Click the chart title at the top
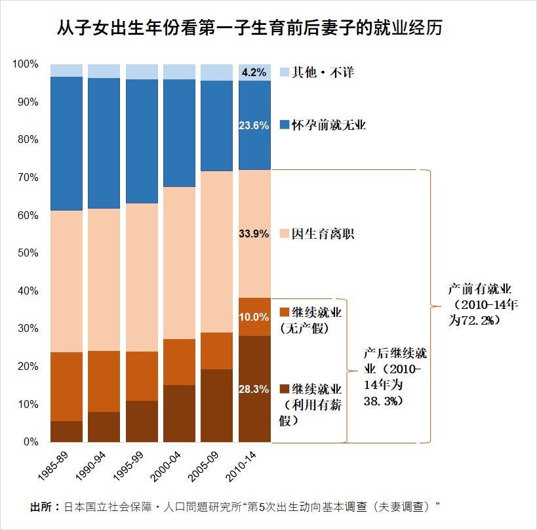[249, 28]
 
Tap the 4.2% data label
[254, 72]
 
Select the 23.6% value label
[254, 125]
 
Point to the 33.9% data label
[254, 234]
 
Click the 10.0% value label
[254, 317]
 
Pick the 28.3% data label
[254, 389]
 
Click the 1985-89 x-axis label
[53, 466]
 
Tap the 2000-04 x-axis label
[165, 466]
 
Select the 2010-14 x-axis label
[241, 466]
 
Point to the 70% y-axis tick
[28, 178]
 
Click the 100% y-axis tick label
[26, 64]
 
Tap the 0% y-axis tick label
[31, 442]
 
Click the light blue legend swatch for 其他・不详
[285, 72]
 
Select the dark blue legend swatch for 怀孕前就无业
[285, 125]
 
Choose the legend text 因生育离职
[323, 234]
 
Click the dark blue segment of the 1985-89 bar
[66, 144]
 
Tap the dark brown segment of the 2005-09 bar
[216, 405]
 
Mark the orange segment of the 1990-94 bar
[104, 381]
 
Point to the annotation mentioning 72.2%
[483, 304]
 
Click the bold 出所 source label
[41, 506]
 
